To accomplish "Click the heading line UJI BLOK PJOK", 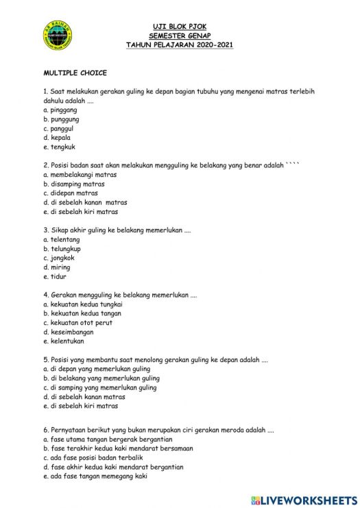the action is [180, 27].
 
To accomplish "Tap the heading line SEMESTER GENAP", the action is [180, 36].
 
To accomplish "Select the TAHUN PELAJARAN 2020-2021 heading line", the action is [180, 45].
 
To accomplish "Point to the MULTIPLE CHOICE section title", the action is [75, 73].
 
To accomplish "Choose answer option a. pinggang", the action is [60, 110].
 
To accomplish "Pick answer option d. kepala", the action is [57, 137].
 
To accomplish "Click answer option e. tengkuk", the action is [59, 147].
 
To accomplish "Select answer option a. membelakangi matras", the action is [80, 175].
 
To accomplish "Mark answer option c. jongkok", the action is [59, 258].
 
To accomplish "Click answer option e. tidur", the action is [55, 276].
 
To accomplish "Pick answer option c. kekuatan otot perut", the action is [77, 323].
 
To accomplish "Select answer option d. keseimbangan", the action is [69, 332].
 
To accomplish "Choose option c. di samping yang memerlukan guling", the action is [100, 387].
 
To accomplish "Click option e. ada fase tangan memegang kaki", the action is [95, 476].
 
